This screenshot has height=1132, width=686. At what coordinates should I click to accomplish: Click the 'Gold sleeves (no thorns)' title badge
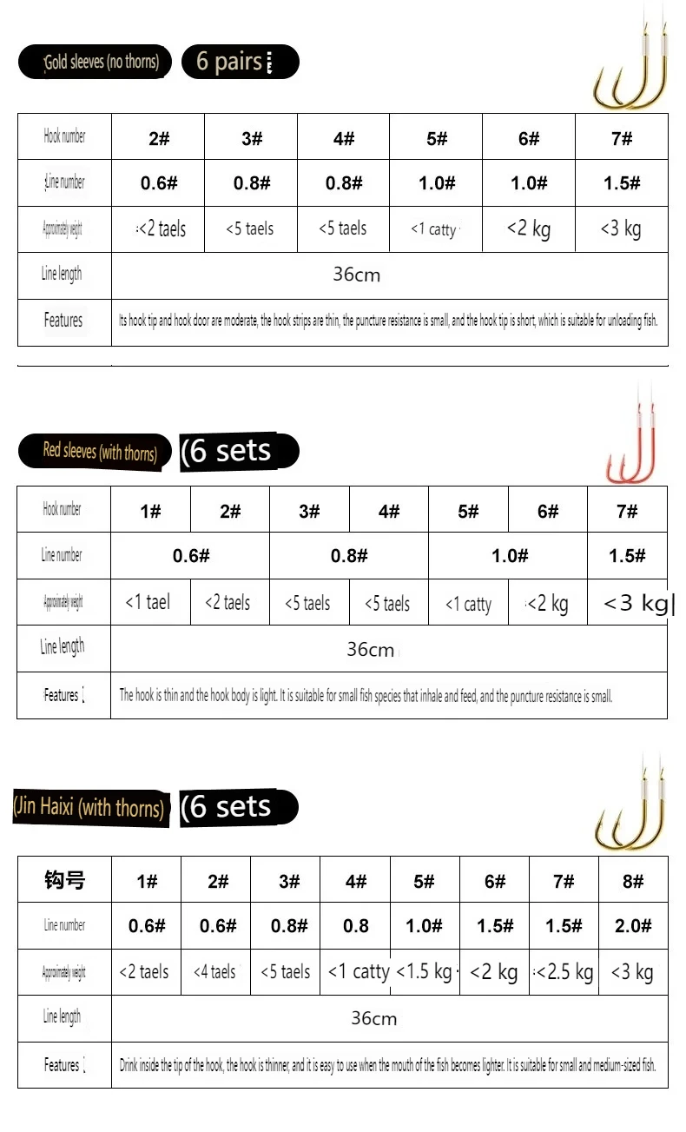tap(95, 63)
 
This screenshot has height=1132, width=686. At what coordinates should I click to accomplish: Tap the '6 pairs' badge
tap(240, 63)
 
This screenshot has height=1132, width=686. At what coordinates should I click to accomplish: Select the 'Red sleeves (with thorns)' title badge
tap(95, 452)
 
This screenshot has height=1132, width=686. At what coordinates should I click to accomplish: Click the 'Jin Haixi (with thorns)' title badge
tap(89, 807)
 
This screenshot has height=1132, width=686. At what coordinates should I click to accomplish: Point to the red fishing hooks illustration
tap(633, 443)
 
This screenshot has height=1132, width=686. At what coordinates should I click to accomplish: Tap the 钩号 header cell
tap(64, 880)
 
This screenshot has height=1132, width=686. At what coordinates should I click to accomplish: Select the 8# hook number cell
tap(633, 881)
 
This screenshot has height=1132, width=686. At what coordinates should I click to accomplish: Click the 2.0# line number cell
tap(633, 926)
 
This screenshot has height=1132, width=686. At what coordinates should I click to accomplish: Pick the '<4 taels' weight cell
tap(214, 972)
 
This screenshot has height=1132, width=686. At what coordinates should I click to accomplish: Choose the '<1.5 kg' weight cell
tap(424, 972)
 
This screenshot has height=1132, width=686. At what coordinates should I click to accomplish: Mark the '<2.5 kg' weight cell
tap(564, 972)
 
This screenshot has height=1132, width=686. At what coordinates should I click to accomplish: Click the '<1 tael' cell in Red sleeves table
tap(148, 602)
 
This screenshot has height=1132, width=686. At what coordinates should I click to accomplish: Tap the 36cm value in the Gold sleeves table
tap(356, 275)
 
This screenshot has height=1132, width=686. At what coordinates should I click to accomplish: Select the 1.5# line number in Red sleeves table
tap(627, 556)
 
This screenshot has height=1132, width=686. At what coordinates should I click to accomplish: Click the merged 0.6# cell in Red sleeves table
tap(190, 556)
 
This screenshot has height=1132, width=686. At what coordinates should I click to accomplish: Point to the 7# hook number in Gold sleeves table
tap(622, 139)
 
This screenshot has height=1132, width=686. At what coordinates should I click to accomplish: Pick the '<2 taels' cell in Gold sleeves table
tap(162, 229)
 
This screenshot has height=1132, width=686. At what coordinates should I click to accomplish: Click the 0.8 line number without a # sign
tap(355, 926)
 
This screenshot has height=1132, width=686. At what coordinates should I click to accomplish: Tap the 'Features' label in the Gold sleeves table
tap(63, 321)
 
